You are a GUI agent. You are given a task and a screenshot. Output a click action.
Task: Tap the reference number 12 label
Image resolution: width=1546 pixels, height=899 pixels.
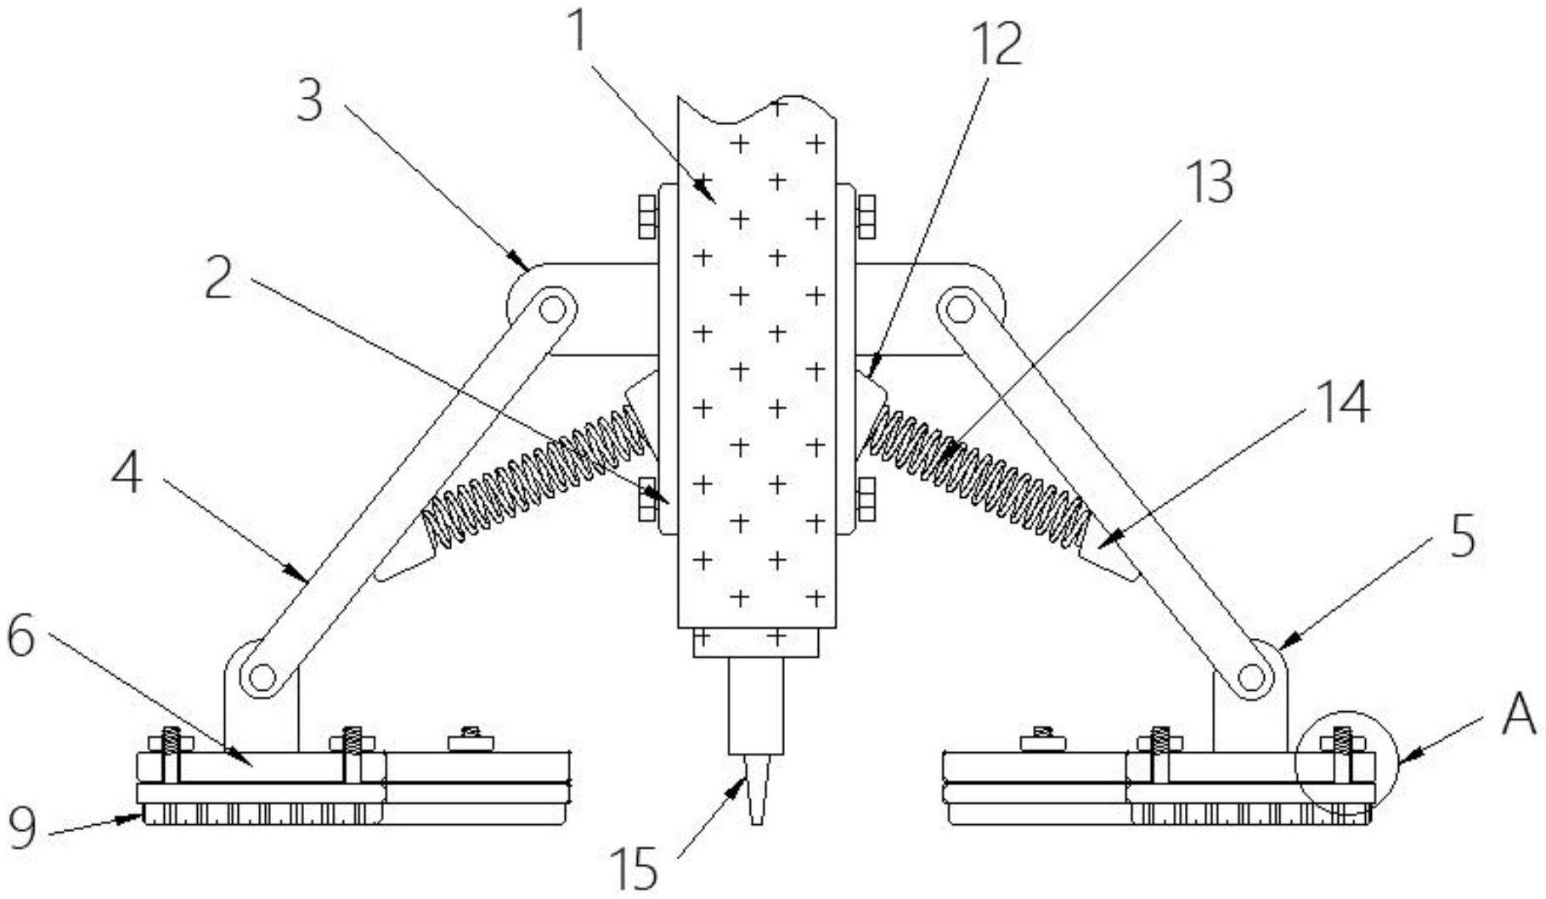point(996,44)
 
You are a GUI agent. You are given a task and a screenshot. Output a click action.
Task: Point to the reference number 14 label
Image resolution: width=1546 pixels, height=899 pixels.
point(1345,401)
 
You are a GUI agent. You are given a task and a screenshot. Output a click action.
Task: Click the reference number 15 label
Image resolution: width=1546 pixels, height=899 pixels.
point(636,867)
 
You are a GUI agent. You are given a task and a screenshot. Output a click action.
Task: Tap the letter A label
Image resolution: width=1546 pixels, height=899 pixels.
point(1520,715)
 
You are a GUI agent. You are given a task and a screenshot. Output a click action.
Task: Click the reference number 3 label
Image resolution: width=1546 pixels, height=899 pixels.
point(310,99)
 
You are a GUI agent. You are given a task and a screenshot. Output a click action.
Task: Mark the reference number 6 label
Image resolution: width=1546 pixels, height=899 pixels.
point(21,637)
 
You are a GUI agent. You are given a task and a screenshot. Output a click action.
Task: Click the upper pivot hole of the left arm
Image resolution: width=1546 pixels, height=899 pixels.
point(552,309)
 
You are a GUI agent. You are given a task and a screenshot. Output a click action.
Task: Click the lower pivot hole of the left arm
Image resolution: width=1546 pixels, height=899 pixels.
point(262,677)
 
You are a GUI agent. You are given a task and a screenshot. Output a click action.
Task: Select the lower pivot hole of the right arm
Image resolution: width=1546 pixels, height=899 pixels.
point(1250,677)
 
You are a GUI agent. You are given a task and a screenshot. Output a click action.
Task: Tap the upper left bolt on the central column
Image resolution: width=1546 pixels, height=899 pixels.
point(646,218)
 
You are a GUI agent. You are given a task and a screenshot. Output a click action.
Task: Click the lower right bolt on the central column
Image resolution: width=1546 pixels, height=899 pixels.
point(866,499)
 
